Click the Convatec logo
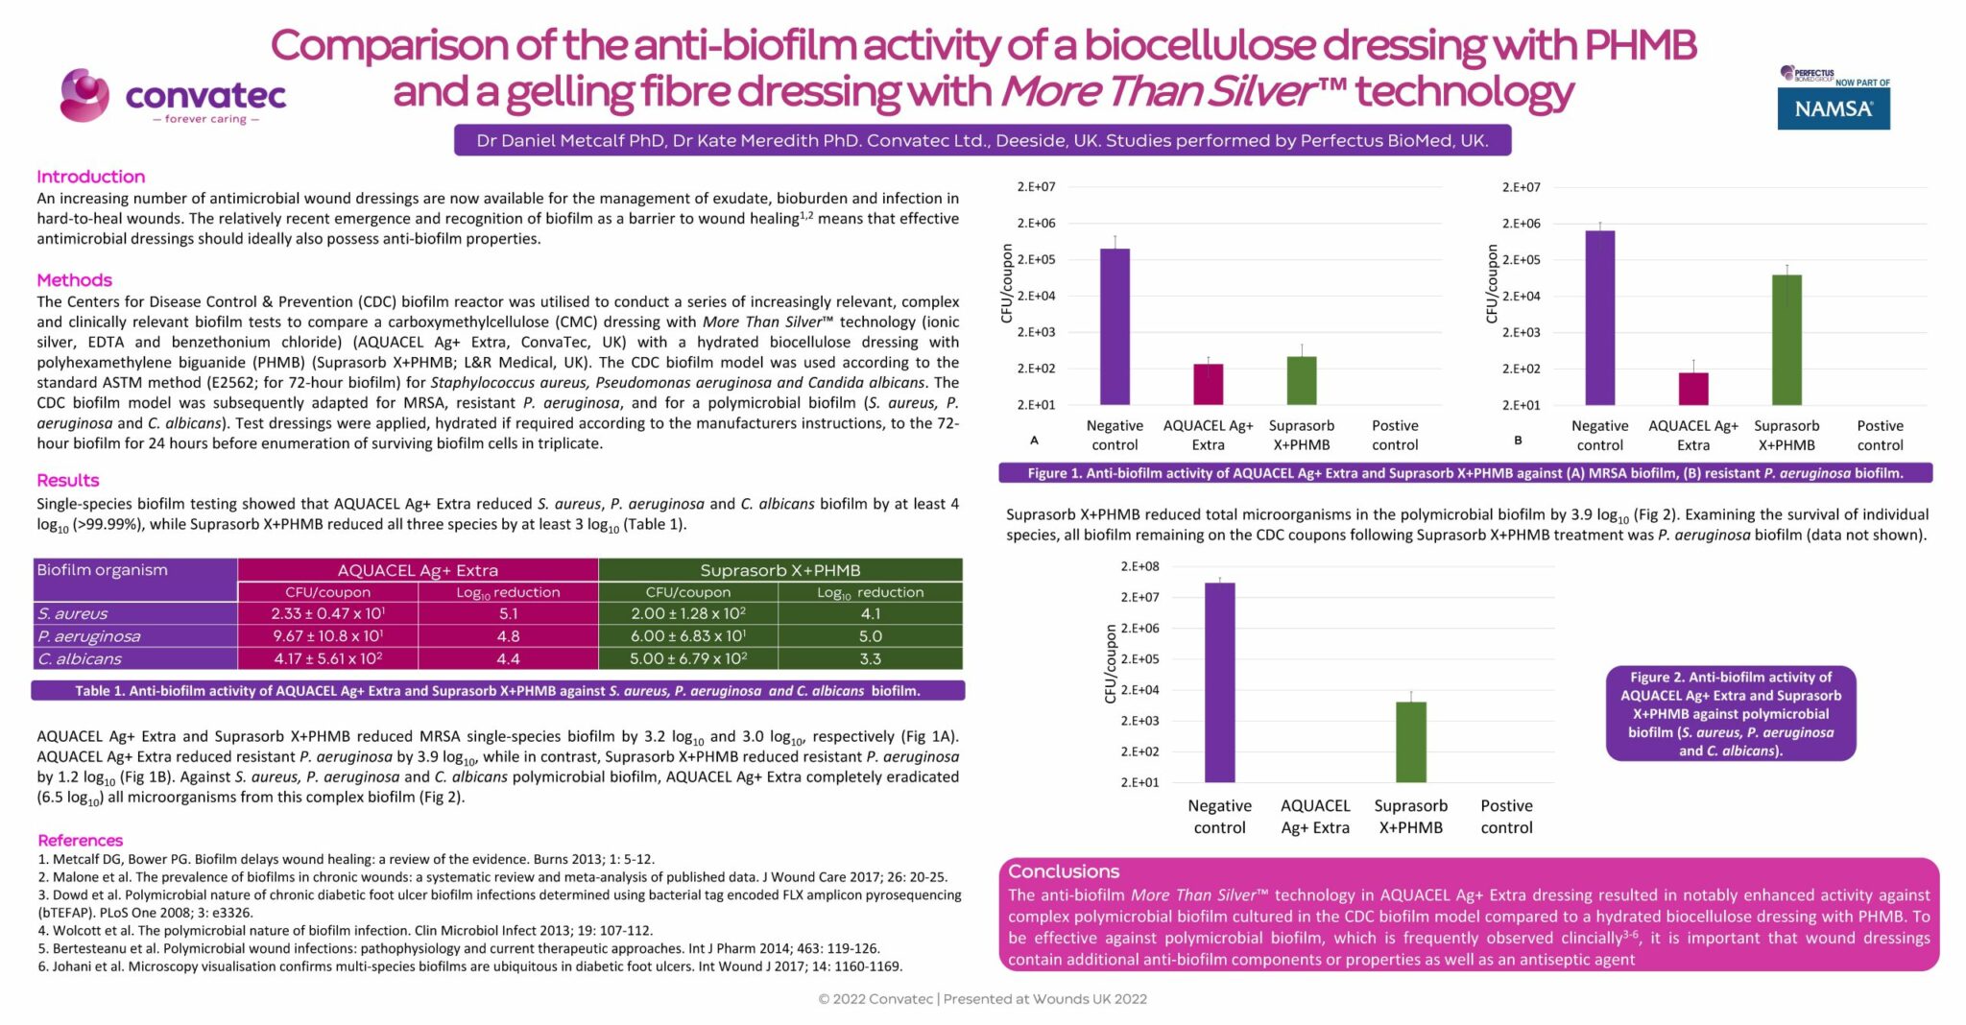coord(173,97)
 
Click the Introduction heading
coord(90,177)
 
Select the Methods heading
coord(74,280)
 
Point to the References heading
coord(80,840)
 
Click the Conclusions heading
coord(1063,871)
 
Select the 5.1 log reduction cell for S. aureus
coord(508,613)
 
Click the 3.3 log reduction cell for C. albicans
coord(870,659)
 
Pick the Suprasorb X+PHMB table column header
coord(779,570)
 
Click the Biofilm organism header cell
coord(102,570)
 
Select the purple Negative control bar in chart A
coord(1115,326)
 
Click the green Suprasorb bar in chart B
coord(1786,340)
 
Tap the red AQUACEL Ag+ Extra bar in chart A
coord(1208,384)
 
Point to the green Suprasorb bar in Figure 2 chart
coord(1410,742)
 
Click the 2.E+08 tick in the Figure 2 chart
coord(1139,566)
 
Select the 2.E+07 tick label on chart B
coord(1521,187)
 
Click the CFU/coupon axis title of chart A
coord(1006,283)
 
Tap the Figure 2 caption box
coord(1730,713)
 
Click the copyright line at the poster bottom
coord(982,999)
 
